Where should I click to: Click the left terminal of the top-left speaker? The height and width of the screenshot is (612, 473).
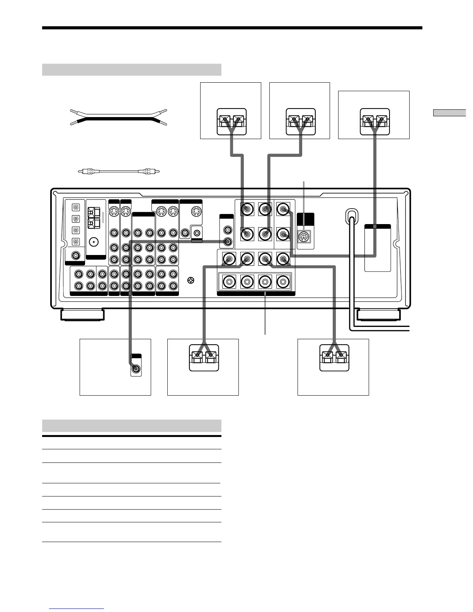tap(225, 120)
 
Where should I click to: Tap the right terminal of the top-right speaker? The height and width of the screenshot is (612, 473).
tap(382, 120)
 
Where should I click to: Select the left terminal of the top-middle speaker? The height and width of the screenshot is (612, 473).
tap(293, 120)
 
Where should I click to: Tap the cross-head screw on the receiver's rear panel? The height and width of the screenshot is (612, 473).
tap(191, 280)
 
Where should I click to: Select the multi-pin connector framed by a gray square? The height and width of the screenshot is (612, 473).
tap(305, 236)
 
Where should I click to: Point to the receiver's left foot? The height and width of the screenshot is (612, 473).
tap(82, 314)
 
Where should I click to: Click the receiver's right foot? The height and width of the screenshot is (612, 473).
tap(378, 314)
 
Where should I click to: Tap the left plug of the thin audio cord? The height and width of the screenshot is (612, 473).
tap(88, 171)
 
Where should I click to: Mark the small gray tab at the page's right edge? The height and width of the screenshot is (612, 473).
tap(449, 113)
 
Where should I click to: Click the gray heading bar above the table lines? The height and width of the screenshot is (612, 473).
tap(131, 425)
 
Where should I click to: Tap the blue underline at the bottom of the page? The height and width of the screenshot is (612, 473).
tap(77, 609)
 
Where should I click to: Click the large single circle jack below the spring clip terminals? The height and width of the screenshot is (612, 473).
tap(93, 242)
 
